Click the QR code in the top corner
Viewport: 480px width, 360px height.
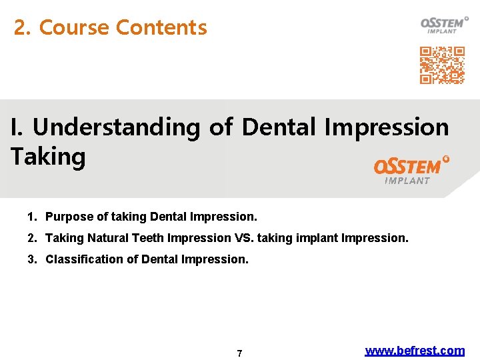pyautogui.click(x=442, y=65)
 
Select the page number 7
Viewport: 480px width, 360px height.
pyautogui.click(x=240, y=353)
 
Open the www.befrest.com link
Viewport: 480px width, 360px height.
pyautogui.click(x=415, y=351)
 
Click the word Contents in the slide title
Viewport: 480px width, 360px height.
pyautogui.click(x=161, y=28)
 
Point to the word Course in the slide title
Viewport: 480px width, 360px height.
pyautogui.click(x=75, y=28)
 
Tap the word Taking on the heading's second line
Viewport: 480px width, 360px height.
pyautogui.click(x=48, y=157)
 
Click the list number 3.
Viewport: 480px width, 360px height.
pyautogui.click(x=32, y=259)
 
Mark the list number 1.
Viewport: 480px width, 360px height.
pyautogui.click(x=32, y=217)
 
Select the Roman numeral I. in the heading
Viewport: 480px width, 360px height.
pyautogui.click(x=18, y=127)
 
